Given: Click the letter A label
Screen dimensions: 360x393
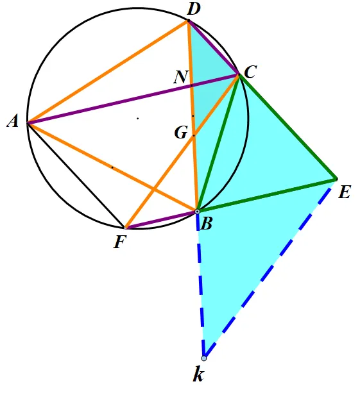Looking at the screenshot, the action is [x=13, y=122].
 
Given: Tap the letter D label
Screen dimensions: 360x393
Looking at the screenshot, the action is [x=194, y=10].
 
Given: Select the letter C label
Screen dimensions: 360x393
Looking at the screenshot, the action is [x=250, y=72].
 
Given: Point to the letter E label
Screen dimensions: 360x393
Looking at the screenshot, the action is [x=344, y=192].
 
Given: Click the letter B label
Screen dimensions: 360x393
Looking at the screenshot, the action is [x=206, y=224].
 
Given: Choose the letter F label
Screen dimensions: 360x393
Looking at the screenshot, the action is [x=119, y=242].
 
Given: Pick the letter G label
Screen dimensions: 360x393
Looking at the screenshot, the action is [x=181, y=132].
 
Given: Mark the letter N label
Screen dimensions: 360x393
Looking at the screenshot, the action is [x=180, y=77].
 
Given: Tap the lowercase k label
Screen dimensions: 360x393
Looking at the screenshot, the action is [x=198, y=375].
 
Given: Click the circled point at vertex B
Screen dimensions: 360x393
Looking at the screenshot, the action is [x=198, y=212].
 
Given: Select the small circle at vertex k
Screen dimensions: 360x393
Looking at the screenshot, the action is [x=204, y=358].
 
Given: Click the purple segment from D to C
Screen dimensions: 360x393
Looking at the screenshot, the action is [x=214, y=47].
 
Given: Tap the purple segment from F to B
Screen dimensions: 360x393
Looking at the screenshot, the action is [x=161, y=220].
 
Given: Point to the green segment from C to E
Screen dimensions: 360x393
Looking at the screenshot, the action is [x=288, y=126].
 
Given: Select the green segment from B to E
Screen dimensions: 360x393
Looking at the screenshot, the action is [x=267, y=196].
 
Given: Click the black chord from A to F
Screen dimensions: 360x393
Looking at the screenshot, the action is [x=76, y=175].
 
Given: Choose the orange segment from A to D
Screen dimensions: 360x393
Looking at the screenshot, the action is [x=108, y=72].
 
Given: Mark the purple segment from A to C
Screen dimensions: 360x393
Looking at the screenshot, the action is [x=133, y=99].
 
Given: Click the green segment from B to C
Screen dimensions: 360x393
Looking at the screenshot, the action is [x=219, y=143].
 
